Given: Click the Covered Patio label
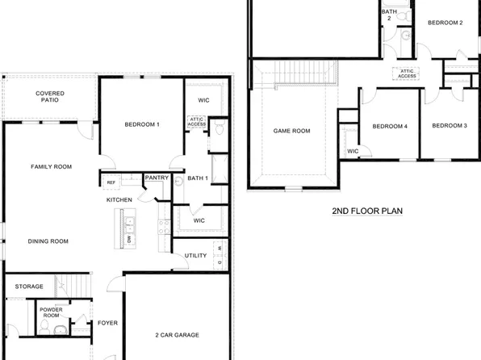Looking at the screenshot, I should (x=50, y=98).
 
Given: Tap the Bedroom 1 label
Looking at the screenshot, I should (x=142, y=124).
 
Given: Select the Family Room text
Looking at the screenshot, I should (x=52, y=167).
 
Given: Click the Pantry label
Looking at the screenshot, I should (x=156, y=177).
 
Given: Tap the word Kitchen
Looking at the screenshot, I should (x=119, y=200).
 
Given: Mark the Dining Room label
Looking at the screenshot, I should (x=48, y=241).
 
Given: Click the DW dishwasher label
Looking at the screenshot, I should (x=129, y=240).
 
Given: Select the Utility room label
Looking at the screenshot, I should (x=196, y=256).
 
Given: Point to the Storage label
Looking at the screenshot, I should (x=29, y=287).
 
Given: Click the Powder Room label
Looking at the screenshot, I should (x=51, y=313).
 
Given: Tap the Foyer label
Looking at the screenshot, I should (x=107, y=324).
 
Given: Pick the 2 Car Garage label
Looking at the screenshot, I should (x=177, y=335).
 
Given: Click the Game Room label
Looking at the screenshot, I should (x=291, y=130).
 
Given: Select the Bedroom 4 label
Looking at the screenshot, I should (x=389, y=126).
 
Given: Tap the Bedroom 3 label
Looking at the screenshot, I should (x=449, y=125).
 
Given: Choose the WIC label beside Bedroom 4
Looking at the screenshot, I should (x=353, y=151).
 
